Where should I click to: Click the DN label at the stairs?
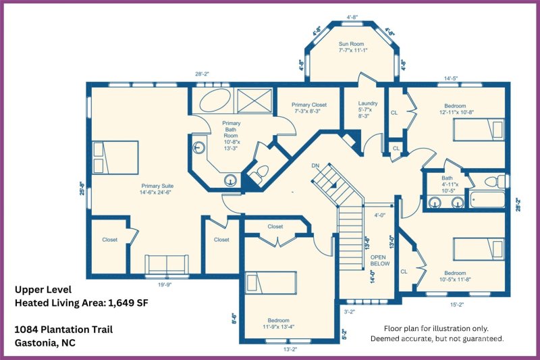pos(315,165)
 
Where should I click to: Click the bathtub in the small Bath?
pos(488,200)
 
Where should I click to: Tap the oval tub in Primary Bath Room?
pos(215,102)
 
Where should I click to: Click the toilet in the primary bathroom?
pos(258,174)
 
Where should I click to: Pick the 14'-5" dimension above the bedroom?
pos(451,78)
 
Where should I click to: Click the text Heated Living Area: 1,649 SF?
pos(81,303)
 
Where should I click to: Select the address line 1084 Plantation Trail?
pos(63,330)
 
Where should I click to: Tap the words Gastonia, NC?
pos(44,342)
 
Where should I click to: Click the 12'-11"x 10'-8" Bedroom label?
pos(454,109)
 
